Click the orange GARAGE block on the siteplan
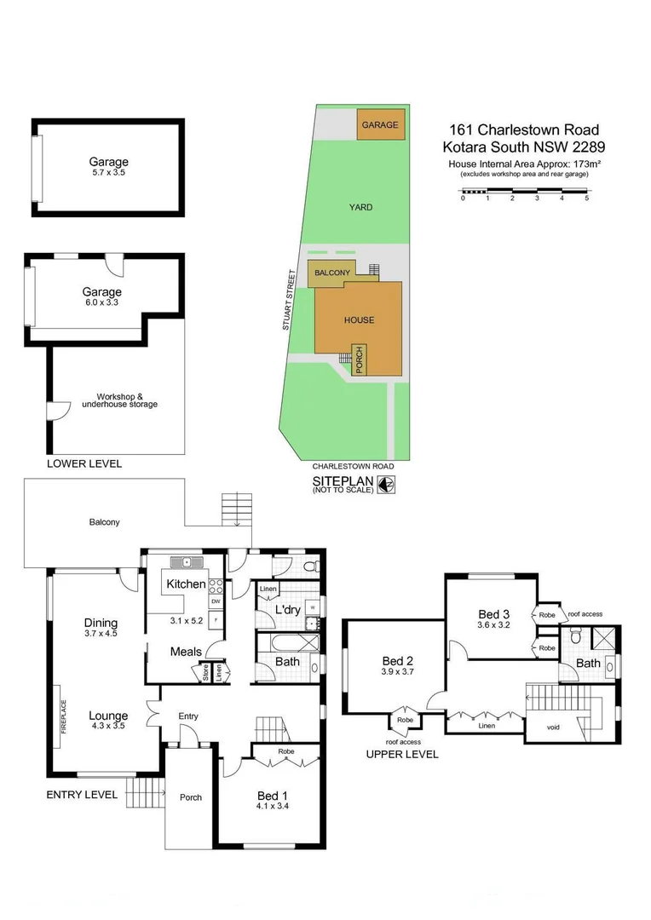point(380,125)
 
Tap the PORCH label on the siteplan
point(360,359)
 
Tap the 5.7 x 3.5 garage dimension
point(108,173)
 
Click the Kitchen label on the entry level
point(186,584)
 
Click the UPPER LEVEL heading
point(401,754)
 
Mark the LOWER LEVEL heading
point(84,464)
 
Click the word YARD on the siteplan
point(360,207)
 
